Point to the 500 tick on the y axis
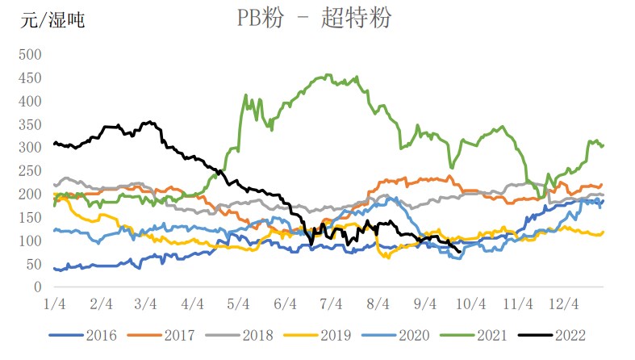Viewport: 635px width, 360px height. click(30, 55)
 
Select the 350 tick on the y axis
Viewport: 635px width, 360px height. click(30, 124)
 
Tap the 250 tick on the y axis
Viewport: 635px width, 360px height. click(30, 171)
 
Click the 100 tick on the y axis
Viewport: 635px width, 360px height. click(30, 241)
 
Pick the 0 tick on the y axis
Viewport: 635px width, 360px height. click(36, 287)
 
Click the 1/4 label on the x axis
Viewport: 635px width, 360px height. click(55, 304)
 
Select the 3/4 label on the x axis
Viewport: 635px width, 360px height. click(146, 304)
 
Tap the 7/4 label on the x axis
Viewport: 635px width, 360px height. click(332, 304)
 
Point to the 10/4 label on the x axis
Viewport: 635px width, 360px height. click(470, 304)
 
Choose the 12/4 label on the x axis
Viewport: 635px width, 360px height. click(564, 304)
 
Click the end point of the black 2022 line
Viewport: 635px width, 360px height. click(460, 252)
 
